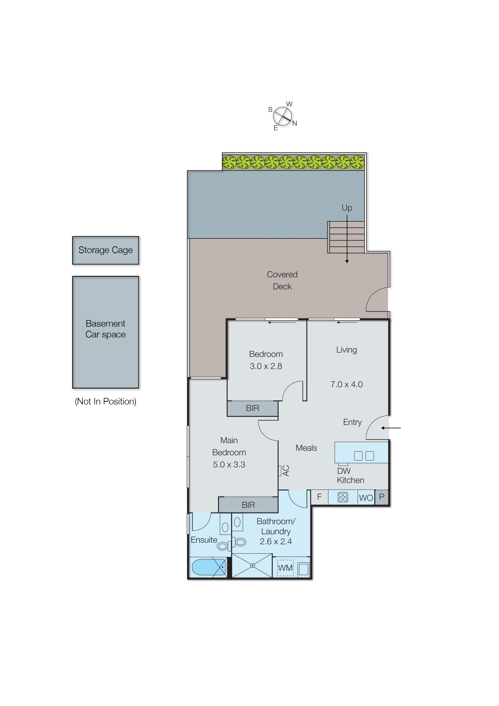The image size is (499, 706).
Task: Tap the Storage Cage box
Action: click(105, 250)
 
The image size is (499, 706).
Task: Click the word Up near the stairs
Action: click(347, 208)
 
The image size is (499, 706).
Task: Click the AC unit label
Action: click(286, 471)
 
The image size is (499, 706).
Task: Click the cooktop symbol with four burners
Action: click(343, 497)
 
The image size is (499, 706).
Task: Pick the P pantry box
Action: click(382, 497)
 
